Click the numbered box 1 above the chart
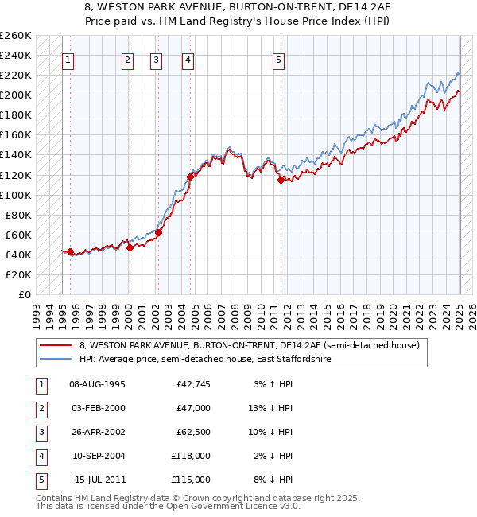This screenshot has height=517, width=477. point(68,60)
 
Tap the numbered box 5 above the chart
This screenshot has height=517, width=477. point(279,60)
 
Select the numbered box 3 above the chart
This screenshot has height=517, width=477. point(156,60)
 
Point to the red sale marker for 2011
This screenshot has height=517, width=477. point(281,180)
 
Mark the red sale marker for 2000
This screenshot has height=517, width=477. point(130,247)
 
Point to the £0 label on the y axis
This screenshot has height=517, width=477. point(24,294)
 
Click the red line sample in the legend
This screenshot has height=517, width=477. point(56,345)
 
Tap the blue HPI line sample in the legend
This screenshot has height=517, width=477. point(56,359)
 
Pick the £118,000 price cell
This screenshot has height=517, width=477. point(192,456)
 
